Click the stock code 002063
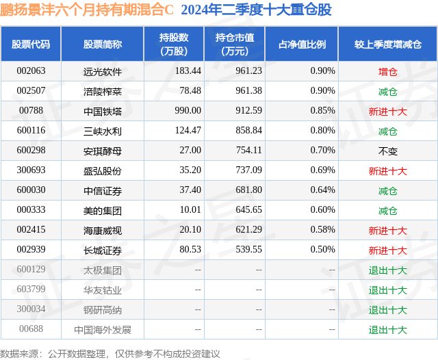click(x=31, y=70)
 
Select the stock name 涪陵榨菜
click(x=103, y=90)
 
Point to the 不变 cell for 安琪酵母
click(x=387, y=151)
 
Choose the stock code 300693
click(x=31, y=170)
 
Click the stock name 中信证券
click(x=103, y=190)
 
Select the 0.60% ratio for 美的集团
click(x=322, y=211)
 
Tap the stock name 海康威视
click(x=103, y=231)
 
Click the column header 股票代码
click(x=31, y=44)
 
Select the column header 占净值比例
click(x=302, y=44)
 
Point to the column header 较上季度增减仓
click(x=387, y=44)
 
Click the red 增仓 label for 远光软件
click(x=387, y=70)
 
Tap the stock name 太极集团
click(x=103, y=270)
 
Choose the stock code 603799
click(x=31, y=290)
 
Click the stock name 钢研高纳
click(x=103, y=310)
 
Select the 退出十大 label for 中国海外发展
click(x=387, y=330)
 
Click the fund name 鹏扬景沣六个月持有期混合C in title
click(x=87, y=10)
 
